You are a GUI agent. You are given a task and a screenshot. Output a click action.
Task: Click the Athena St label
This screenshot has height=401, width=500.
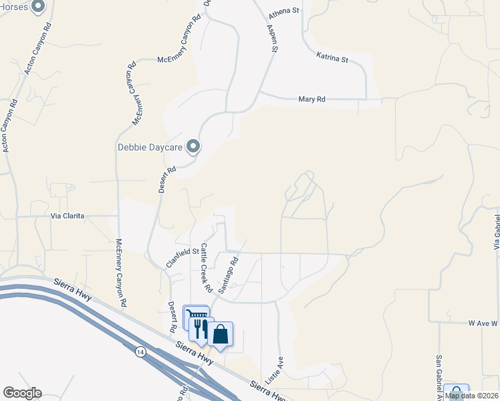click(x=284, y=11)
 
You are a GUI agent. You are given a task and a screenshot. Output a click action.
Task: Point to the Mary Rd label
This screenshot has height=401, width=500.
click(x=311, y=100)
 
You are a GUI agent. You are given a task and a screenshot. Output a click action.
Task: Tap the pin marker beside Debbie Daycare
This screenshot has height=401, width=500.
click(x=193, y=146)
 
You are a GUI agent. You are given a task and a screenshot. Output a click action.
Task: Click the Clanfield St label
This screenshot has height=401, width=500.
click(x=182, y=257)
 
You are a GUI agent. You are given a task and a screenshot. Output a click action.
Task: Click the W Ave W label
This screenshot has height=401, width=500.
click(x=483, y=323)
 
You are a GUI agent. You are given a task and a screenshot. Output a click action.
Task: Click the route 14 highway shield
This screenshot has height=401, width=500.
click(x=140, y=351)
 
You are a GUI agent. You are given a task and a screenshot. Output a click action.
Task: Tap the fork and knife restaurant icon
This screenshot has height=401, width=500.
click(x=199, y=327)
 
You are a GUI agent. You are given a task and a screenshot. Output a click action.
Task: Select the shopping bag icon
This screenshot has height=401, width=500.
click(x=220, y=333)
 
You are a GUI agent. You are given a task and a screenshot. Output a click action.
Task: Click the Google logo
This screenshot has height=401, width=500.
click(x=22, y=393)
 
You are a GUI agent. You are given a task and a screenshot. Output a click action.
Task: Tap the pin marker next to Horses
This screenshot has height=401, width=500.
click(x=38, y=7)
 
